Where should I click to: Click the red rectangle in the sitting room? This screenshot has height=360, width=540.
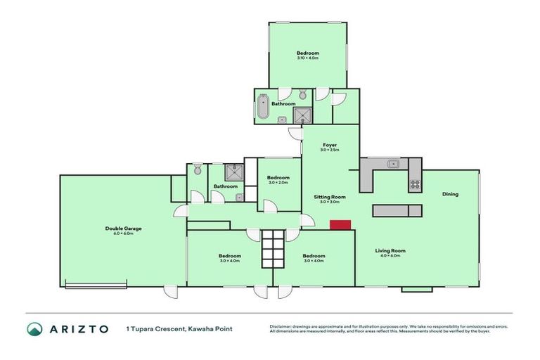pyautogui.click(x=340, y=224)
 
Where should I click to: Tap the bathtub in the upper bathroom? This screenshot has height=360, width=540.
pyautogui.click(x=263, y=107)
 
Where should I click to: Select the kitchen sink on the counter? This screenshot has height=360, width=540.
pyautogui.click(x=394, y=165)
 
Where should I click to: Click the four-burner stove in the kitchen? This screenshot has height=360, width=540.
pyautogui.click(x=415, y=186)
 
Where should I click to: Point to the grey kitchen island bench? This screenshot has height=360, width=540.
pyautogui.click(x=397, y=211)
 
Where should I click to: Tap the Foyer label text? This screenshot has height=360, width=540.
pyautogui.click(x=330, y=145)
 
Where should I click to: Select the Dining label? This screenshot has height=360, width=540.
pyautogui.click(x=450, y=194)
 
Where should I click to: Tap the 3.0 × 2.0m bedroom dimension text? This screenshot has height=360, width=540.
pyautogui.click(x=278, y=183)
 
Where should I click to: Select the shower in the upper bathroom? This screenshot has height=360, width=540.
pyautogui.click(x=302, y=115)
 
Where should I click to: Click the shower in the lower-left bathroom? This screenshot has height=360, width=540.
pyautogui.click(x=233, y=172)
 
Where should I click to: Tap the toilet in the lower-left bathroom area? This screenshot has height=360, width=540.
pyautogui.click(x=198, y=169)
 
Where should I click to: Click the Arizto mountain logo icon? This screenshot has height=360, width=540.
pyautogui.click(x=34, y=329)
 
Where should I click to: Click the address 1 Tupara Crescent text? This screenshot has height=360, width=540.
pyautogui.click(x=156, y=328)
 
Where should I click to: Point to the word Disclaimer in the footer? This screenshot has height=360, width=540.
pyautogui.click(x=283, y=326)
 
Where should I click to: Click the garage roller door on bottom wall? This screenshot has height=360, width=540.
pyautogui.click(x=96, y=285)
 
